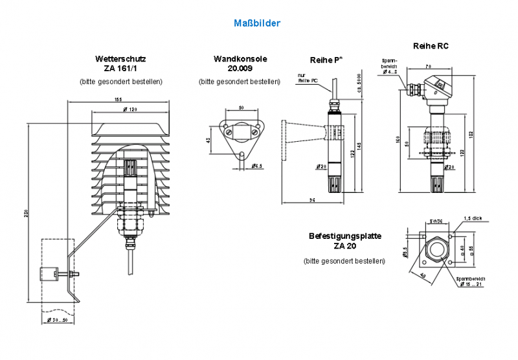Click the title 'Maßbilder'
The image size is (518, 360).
click(257, 23)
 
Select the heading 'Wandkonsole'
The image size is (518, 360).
click(240, 59)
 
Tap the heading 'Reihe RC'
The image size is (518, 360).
click(431, 46)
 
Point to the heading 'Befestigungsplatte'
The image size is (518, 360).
click(345, 237)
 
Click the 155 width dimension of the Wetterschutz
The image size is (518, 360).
click(118, 99)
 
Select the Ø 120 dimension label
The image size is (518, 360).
click(129, 109)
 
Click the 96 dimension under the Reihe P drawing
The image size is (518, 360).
click(312, 199)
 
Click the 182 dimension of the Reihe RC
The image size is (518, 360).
click(480, 133)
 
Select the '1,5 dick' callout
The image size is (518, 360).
click(473, 218)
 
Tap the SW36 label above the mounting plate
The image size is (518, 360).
click(436, 221)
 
